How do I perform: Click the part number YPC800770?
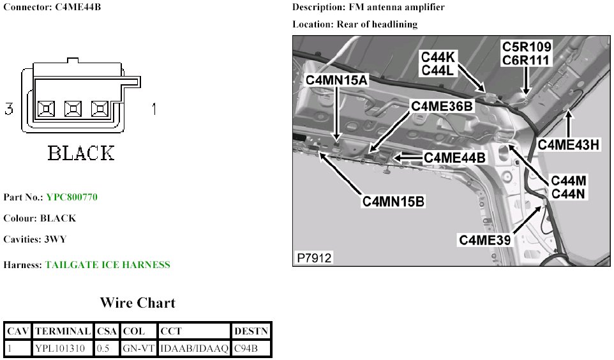(x=72, y=197)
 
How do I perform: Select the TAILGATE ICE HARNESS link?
(x=107, y=265)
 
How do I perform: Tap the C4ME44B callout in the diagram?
(x=454, y=156)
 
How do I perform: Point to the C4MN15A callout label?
(x=337, y=80)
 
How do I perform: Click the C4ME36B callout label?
(x=442, y=107)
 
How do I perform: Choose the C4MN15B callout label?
(x=393, y=201)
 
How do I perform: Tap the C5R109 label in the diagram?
(x=527, y=47)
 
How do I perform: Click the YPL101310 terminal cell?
(x=62, y=349)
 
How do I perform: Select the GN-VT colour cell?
(x=138, y=349)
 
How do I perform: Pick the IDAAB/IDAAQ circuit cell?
(x=193, y=349)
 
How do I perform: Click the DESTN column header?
(x=251, y=331)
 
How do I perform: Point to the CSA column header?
(x=107, y=331)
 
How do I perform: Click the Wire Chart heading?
(x=137, y=303)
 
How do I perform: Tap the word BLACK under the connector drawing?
(x=81, y=154)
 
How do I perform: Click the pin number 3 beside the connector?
(x=9, y=109)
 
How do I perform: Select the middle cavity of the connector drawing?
(x=73, y=109)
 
